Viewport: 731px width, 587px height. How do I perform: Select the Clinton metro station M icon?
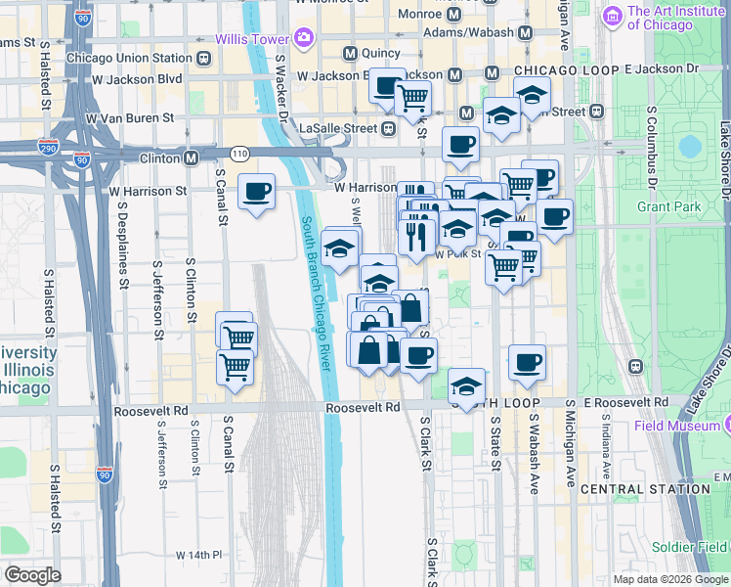pyautogui.click(x=191, y=158)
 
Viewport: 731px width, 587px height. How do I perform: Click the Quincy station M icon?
pyautogui.click(x=349, y=52)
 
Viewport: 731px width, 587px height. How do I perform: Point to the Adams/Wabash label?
pyautogui.click(x=469, y=32)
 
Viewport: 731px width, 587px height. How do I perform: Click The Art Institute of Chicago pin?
pyautogui.click(x=613, y=17)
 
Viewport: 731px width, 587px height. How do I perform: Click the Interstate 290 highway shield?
pyautogui.click(x=54, y=157)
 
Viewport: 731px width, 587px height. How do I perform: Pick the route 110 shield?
pyautogui.click(x=239, y=155)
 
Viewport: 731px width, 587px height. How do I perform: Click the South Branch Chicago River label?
pyautogui.click(x=317, y=292)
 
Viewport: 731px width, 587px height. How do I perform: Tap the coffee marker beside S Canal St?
pyautogui.click(x=257, y=193)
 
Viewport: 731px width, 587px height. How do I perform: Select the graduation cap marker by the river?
pyautogui.click(x=339, y=249)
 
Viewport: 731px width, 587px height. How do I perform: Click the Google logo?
pyautogui.click(x=33, y=575)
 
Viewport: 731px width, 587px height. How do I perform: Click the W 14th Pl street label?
pyautogui.click(x=199, y=555)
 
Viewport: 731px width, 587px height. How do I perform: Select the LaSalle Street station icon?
pyautogui.click(x=388, y=128)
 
